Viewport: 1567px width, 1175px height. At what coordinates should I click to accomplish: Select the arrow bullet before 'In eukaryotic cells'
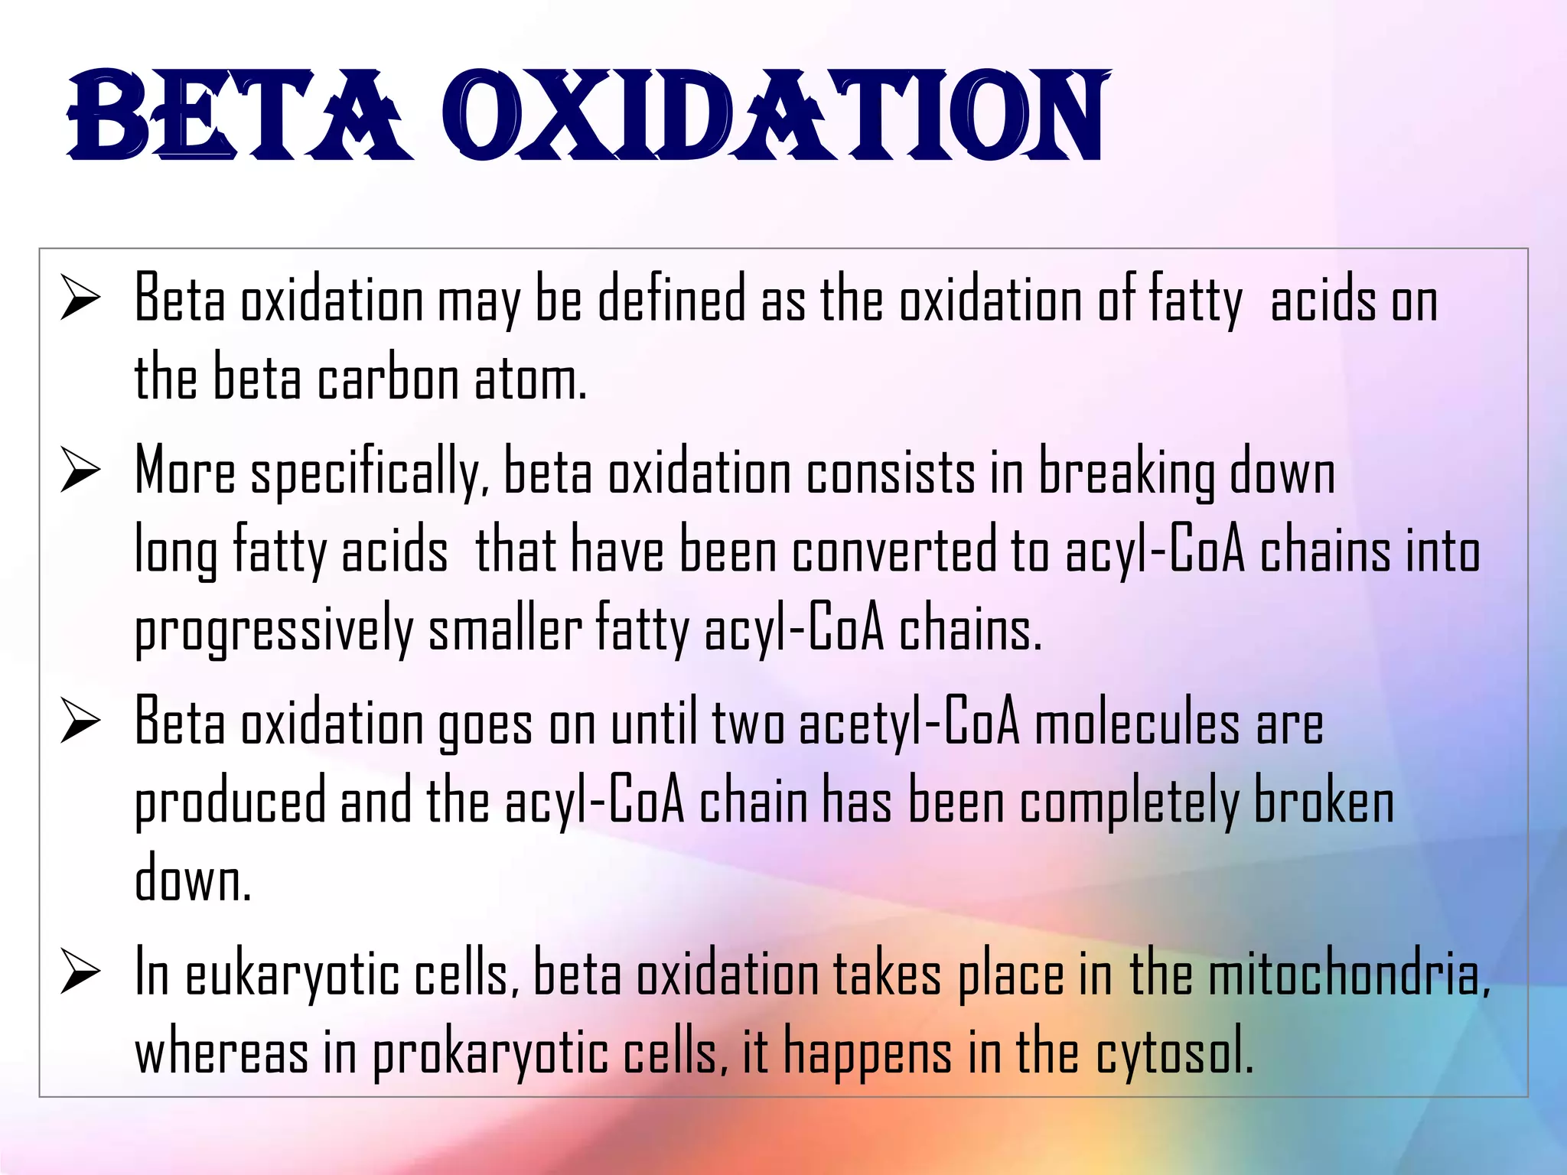point(80,973)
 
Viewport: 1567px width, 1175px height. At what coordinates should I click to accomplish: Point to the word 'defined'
point(671,299)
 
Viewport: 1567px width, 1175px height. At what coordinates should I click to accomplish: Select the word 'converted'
point(894,551)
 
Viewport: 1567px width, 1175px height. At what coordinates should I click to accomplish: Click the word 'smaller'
point(505,629)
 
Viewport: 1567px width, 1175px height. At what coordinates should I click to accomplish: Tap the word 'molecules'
point(1137,724)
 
